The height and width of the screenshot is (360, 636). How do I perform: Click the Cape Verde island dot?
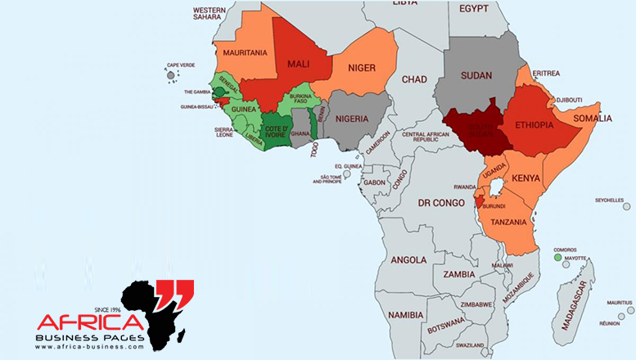[x=171, y=76]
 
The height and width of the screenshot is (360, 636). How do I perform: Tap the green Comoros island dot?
[x=557, y=258]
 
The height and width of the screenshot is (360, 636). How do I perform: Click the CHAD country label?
[x=415, y=79]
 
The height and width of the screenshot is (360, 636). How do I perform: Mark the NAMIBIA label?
[x=406, y=314]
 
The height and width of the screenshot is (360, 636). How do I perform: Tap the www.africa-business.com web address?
[x=89, y=347]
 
